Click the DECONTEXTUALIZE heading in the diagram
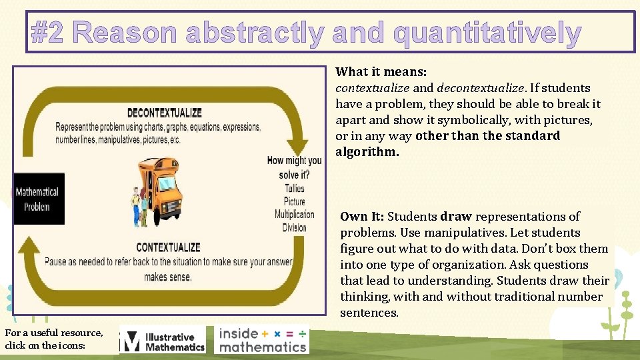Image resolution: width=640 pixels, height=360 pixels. point(164,113)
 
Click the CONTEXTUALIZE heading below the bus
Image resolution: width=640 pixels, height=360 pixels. point(168,247)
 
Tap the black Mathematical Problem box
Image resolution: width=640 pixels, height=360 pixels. point(39,199)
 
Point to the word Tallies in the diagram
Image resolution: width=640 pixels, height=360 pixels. point(294,189)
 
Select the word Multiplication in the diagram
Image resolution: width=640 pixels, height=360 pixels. point(294,214)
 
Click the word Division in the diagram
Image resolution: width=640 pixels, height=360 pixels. point(294,227)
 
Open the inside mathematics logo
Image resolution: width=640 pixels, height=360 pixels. point(263,339)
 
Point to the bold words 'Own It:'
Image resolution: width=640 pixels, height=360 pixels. point(362,217)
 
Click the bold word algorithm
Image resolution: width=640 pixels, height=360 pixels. point(367,152)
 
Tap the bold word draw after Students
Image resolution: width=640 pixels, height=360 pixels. point(456,217)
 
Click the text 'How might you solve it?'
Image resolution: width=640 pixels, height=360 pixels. point(294,167)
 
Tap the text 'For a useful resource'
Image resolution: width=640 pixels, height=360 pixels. point(53,333)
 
